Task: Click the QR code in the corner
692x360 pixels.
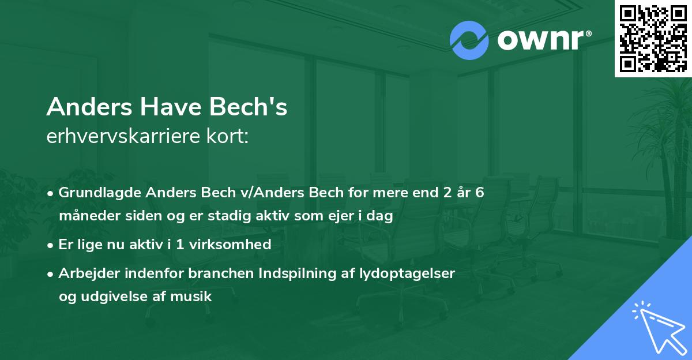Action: coord(653,38)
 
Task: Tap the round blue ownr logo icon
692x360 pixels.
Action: coord(469,40)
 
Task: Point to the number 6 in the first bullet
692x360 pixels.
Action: coord(479,192)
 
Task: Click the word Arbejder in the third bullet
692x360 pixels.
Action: coord(84,273)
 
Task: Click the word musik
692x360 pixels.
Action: coord(194,297)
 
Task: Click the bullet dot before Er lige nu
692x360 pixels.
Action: coord(51,245)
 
